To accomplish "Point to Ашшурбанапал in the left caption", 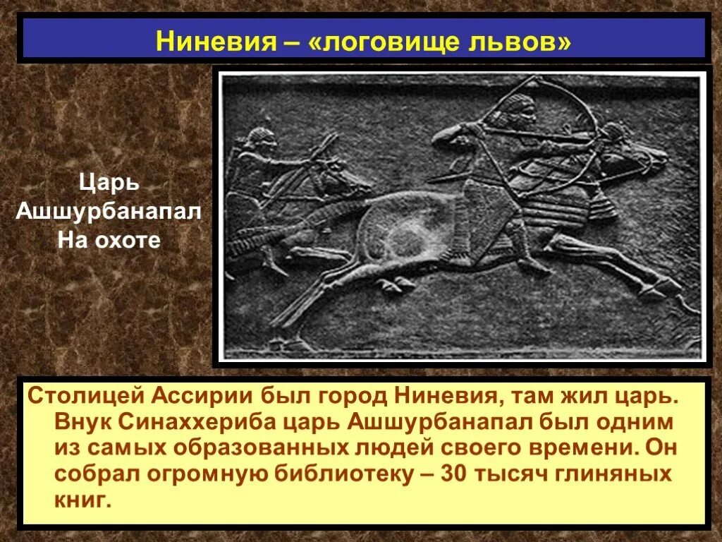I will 108,212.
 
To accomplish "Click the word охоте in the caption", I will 129,240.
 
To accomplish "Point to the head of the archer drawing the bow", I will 520,108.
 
